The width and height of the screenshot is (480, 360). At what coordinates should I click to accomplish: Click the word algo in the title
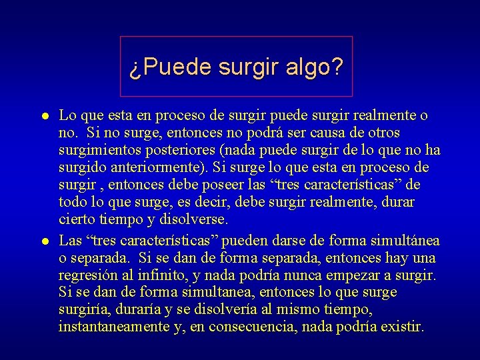[x=313, y=67]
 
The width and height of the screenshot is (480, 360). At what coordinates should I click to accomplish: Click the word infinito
[x=170, y=275]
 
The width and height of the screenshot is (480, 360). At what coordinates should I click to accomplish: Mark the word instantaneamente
[x=113, y=327]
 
